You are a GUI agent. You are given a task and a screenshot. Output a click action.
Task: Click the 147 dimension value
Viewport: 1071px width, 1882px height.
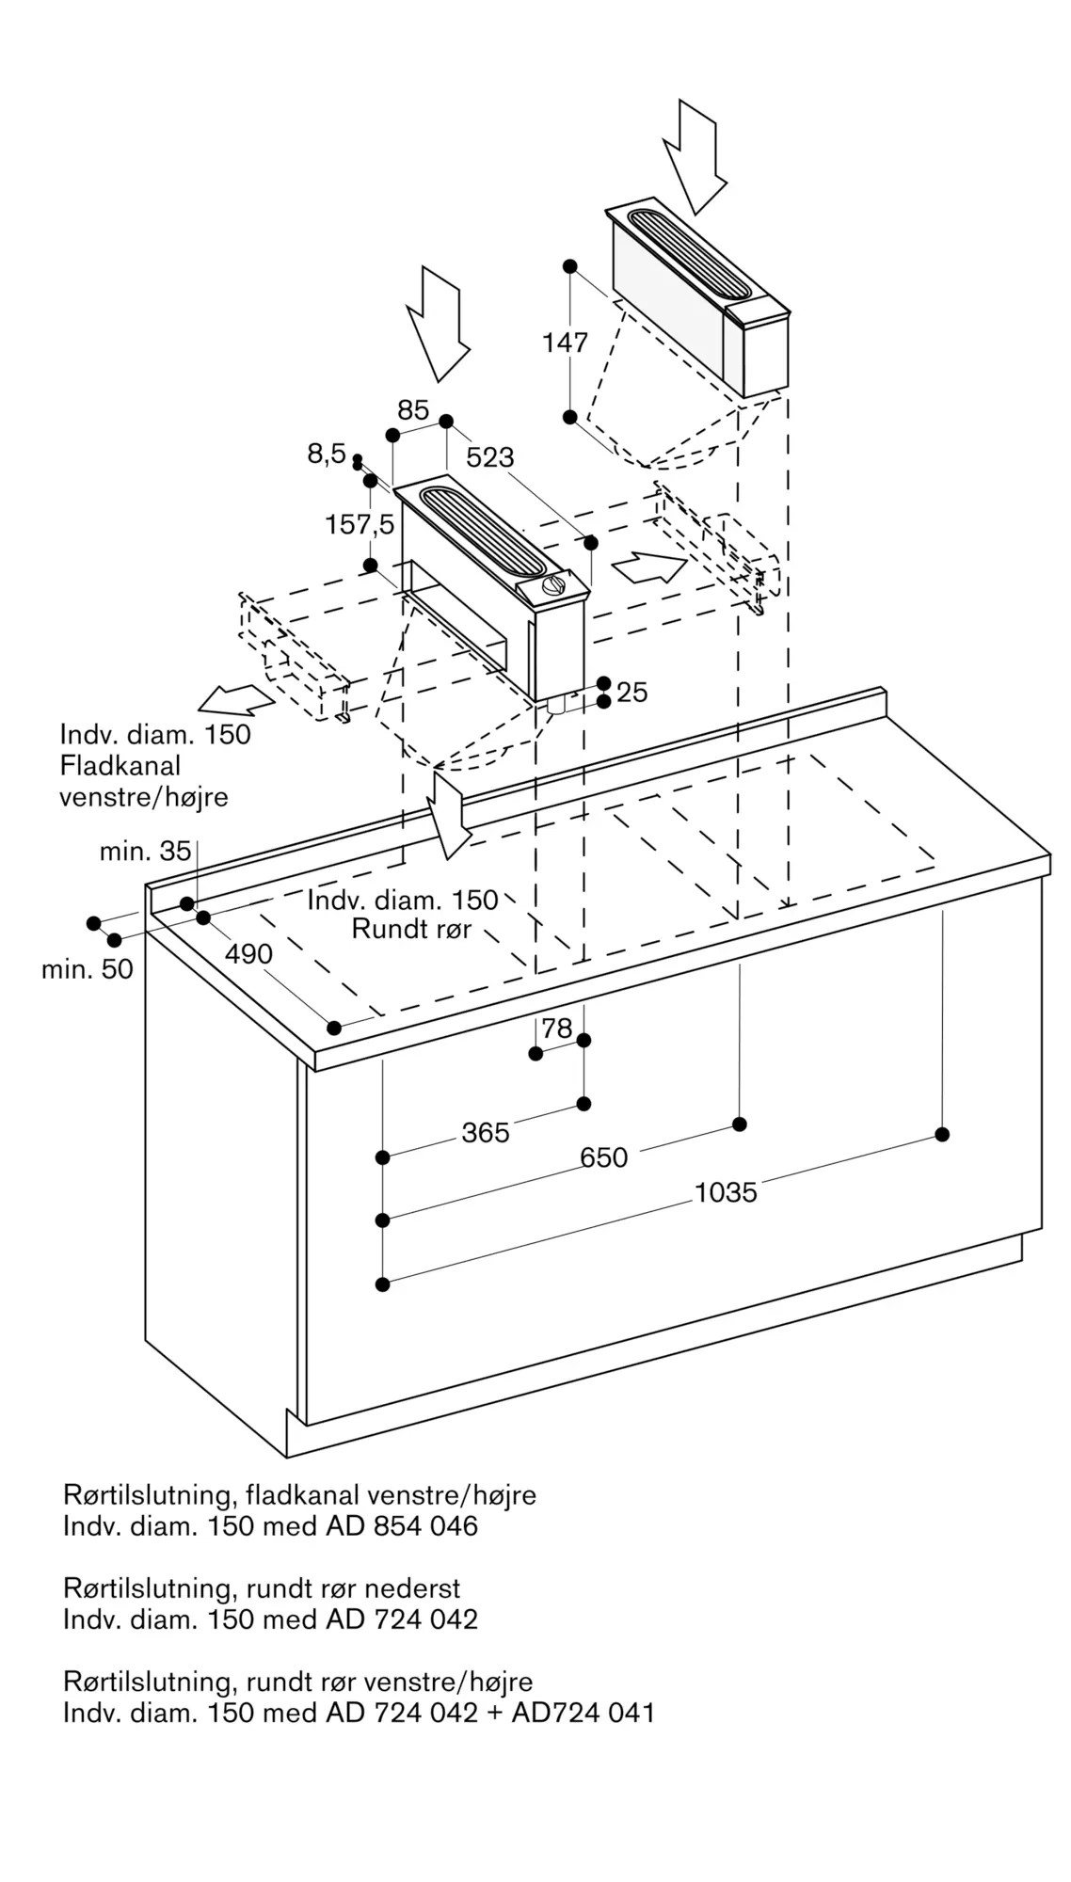click(565, 343)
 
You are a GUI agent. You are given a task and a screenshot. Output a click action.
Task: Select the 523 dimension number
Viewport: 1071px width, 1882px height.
click(490, 457)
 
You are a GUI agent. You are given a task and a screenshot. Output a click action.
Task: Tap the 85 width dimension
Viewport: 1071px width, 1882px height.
click(413, 410)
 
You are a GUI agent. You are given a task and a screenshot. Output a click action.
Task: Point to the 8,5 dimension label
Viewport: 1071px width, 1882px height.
click(327, 455)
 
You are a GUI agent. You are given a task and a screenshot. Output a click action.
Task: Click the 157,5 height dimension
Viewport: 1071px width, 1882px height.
click(360, 524)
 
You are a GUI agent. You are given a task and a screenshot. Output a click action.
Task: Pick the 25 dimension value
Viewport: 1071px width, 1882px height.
click(632, 693)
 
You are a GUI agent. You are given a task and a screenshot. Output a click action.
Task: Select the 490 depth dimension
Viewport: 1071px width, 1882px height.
click(248, 953)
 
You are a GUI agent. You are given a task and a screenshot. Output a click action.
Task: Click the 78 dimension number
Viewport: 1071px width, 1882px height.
click(557, 1028)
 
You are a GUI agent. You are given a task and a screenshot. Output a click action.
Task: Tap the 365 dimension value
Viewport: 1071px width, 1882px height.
click(486, 1133)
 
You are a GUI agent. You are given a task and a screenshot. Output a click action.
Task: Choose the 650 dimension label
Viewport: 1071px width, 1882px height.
click(603, 1157)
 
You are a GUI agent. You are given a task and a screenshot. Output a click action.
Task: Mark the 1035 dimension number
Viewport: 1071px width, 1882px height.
click(726, 1193)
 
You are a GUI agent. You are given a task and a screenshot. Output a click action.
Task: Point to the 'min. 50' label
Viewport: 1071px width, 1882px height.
click(87, 969)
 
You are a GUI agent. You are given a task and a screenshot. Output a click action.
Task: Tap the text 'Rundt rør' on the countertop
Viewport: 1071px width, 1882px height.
click(411, 929)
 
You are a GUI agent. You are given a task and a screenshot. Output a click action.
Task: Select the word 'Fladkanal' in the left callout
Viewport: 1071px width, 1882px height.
click(120, 766)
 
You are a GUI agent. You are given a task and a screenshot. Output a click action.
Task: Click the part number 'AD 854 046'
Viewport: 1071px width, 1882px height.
click(402, 1526)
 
